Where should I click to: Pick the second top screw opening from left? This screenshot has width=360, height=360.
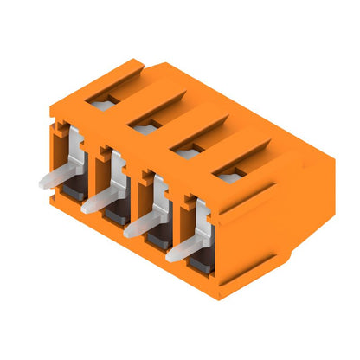tap(141, 128)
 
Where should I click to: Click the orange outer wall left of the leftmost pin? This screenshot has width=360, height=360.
tap(55, 147)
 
